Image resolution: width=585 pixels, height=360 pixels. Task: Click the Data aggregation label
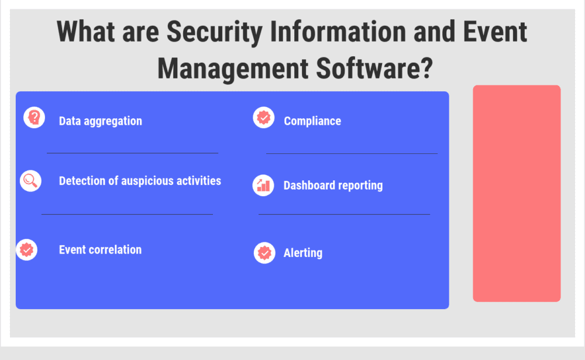click(x=101, y=121)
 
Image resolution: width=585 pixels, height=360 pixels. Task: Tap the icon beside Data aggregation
click(x=34, y=118)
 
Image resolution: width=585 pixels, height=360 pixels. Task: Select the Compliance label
click(x=312, y=121)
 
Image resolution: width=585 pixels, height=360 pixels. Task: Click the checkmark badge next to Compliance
click(x=264, y=118)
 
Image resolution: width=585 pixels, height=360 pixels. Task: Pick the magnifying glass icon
click(x=30, y=180)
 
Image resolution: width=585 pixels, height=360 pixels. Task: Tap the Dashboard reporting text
click(x=333, y=186)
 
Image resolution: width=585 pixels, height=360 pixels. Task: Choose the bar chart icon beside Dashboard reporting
click(x=263, y=186)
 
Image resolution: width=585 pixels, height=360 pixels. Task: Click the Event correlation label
click(x=100, y=250)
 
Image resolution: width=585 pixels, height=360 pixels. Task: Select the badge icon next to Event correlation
click(x=27, y=250)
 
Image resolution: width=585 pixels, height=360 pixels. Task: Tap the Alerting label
click(x=303, y=253)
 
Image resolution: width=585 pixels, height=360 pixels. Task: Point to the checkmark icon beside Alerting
click(x=264, y=253)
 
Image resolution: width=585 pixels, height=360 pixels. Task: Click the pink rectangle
click(x=517, y=193)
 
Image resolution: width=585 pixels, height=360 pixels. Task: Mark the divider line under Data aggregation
click(x=132, y=153)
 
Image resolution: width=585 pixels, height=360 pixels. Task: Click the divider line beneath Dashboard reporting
click(x=344, y=214)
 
